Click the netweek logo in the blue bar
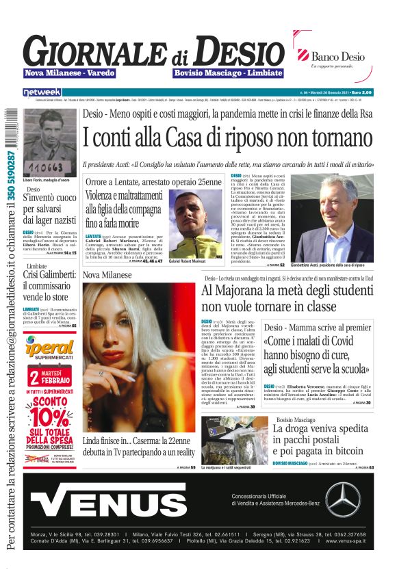click(42, 92)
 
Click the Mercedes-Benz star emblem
click(342, 499)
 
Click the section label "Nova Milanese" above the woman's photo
click(106, 275)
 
